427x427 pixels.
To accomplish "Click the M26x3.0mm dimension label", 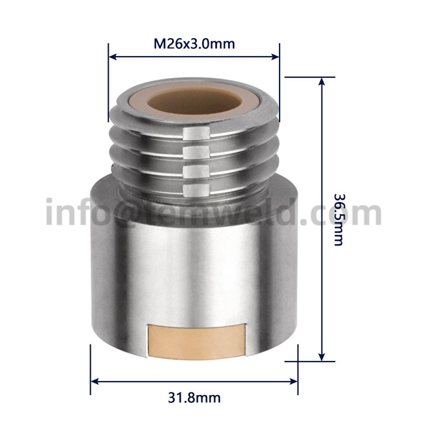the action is tap(194, 43).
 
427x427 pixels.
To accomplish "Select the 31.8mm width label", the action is tap(194, 398).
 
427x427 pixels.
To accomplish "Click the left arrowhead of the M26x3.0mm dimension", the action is tap(113, 57).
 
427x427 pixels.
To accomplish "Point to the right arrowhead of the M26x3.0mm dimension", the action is tap(276, 57).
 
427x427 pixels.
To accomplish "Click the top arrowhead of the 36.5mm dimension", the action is tap(322, 81).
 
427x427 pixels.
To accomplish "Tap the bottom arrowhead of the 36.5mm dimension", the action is tap(322, 357).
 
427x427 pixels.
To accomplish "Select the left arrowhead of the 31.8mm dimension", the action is tap(95, 381).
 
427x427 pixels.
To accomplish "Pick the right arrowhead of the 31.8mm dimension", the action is tap(294, 381).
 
